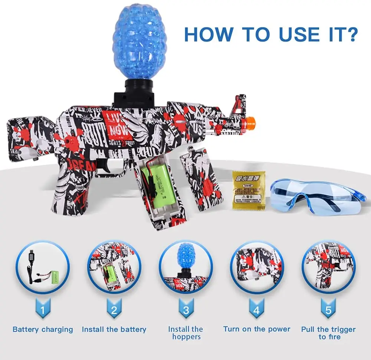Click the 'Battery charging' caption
coord(43,330)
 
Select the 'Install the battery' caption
coord(114,329)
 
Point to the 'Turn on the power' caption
coord(257,329)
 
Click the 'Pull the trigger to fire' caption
coord(328,333)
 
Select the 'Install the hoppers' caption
coord(185,333)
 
